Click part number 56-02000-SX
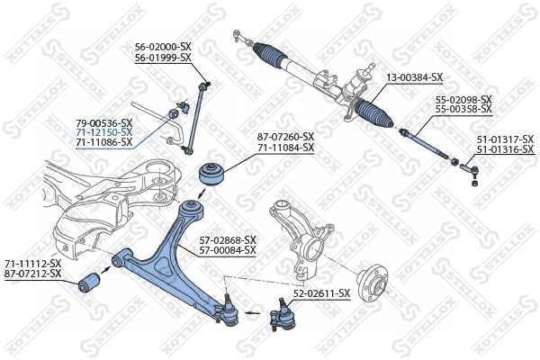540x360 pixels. coord(163,46)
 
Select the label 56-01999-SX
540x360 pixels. coord(163,57)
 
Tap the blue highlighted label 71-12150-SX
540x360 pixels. coord(103,132)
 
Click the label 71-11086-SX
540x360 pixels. coord(103,142)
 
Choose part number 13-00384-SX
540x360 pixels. coord(415,77)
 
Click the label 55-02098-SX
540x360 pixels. coord(463,99)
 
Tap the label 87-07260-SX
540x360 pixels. coord(286,136)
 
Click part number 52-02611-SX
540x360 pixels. coord(321,293)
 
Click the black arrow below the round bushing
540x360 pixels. coord(202,195)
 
